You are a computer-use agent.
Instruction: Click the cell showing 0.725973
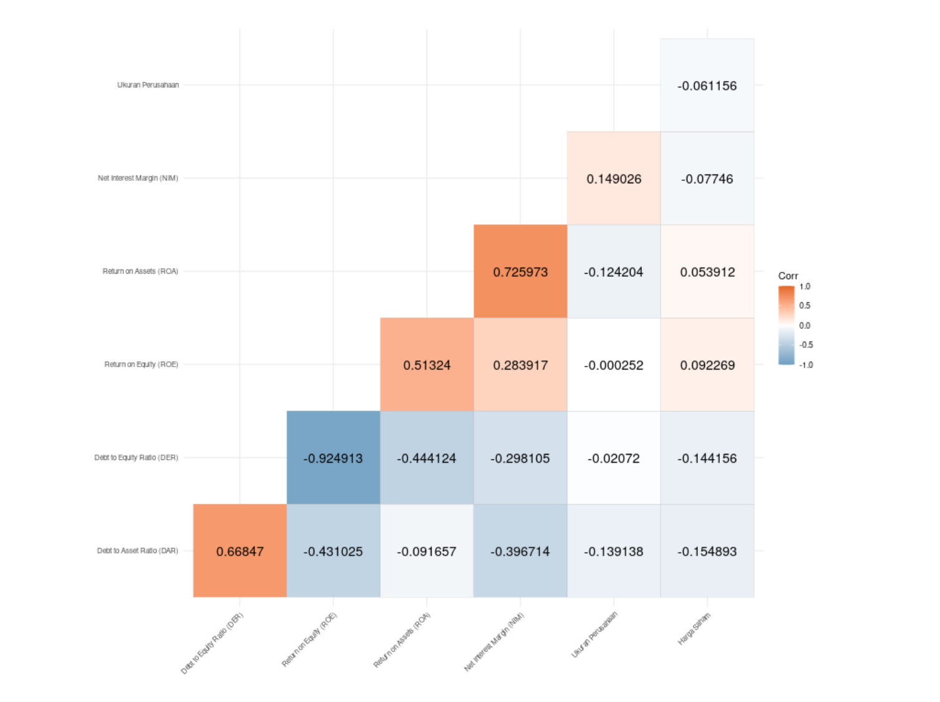coord(520,272)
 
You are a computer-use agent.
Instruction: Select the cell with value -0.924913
coord(333,458)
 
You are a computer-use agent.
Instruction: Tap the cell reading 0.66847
coord(240,551)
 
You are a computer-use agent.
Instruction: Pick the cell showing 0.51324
coord(427,365)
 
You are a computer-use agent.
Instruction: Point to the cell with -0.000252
coord(614,365)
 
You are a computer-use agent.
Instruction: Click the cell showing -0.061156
coord(707,85)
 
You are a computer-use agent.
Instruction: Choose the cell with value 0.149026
coord(614,179)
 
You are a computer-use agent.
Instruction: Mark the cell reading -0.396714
coord(520,551)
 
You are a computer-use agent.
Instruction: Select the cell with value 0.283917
coord(520,365)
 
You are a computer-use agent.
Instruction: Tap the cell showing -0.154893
coord(707,551)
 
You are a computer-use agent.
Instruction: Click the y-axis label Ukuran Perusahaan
coord(148,85)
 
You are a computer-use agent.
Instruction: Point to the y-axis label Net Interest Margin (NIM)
coord(138,178)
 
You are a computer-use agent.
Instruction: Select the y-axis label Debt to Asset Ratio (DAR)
coord(137,551)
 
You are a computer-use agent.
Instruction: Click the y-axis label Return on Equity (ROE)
coord(141,364)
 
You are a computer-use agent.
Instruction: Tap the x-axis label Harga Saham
coord(695,628)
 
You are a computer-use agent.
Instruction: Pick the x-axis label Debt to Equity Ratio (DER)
coord(212,643)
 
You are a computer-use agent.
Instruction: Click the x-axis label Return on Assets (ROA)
coord(402,640)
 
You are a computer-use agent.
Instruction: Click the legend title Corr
coord(788,276)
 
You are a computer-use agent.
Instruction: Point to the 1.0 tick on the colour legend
coord(805,287)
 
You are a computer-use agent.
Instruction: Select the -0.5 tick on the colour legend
coord(806,345)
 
